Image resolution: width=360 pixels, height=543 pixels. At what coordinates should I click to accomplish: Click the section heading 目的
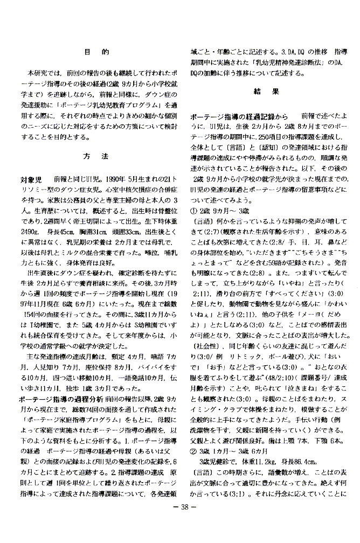point(97,52)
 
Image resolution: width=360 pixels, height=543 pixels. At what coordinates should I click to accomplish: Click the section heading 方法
point(97,157)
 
